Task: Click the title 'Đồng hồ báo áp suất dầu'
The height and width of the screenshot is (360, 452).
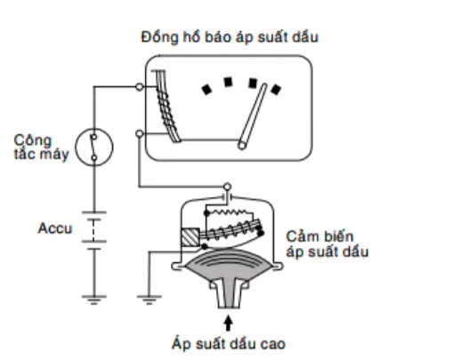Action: [x=230, y=37]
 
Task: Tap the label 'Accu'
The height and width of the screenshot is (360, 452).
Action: [x=55, y=228]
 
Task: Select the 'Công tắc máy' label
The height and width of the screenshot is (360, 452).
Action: [x=41, y=148]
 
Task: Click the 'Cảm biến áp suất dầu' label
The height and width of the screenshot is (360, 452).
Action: [x=327, y=244]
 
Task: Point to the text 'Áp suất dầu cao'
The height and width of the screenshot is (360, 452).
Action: [x=229, y=344]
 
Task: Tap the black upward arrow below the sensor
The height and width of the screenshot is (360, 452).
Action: [x=228, y=324]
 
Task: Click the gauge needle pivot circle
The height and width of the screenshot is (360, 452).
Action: [x=242, y=146]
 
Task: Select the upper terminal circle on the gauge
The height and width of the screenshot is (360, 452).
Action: [x=140, y=87]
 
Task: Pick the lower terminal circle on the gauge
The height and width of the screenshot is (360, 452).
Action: [x=140, y=134]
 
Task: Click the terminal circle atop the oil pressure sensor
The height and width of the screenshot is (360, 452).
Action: [x=227, y=187]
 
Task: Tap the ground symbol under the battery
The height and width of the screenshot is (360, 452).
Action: [x=94, y=300]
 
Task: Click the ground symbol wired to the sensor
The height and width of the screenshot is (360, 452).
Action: [x=149, y=300]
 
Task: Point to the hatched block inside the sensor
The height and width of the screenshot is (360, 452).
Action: [x=190, y=237]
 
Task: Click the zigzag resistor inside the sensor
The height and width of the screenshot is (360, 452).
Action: [x=229, y=212]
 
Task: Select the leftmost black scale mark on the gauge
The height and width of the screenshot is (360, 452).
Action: [x=206, y=89]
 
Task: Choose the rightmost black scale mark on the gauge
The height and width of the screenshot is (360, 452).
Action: [x=276, y=90]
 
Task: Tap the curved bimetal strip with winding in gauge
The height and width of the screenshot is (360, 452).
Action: [x=168, y=106]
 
